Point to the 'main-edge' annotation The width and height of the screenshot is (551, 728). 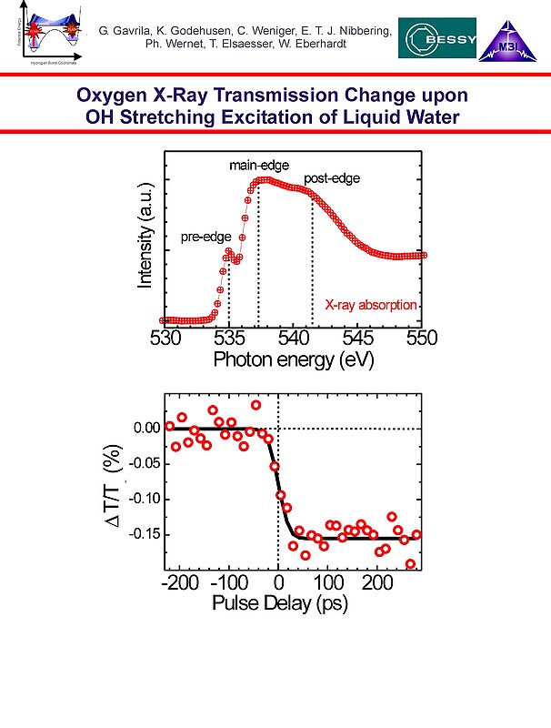coord(258,165)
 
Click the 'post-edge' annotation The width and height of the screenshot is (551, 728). coord(333,178)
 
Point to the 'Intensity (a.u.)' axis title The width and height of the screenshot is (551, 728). coord(145,240)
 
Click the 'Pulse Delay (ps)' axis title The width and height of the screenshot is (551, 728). coord(279,603)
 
